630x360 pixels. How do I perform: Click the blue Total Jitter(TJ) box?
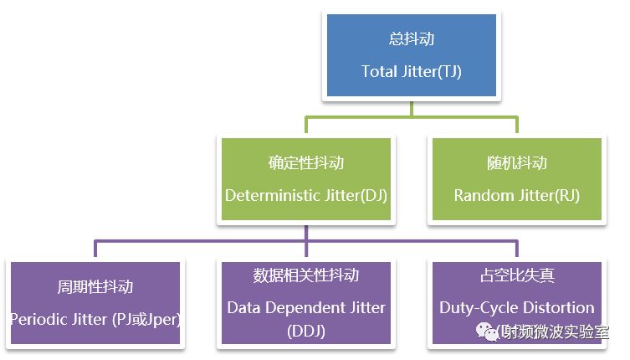pos(411,57)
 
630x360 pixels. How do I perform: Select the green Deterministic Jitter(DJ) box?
pos(305,179)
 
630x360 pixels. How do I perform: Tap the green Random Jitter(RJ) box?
pos(516,179)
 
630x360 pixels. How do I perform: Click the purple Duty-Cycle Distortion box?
pos(517,293)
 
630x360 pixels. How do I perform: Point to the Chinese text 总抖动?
pos(411,40)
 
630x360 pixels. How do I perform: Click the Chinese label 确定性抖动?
pos(305,162)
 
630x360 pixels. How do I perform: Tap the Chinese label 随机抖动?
pos(516,162)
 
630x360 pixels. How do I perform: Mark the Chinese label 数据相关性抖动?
pos(306,275)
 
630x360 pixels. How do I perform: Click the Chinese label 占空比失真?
pos(517,275)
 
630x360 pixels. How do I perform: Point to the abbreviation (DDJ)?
pos(306,331)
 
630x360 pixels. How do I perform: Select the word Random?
pos(481,195)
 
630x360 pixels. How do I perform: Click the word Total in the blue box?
pos(378,72)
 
